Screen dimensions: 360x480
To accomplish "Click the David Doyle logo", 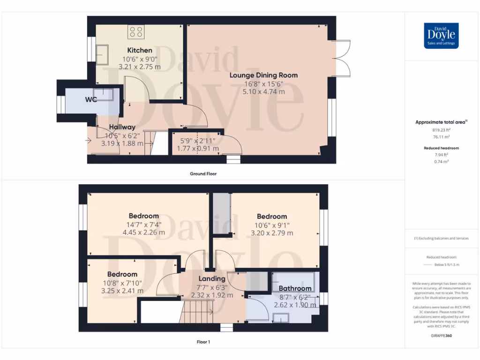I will (x=441, y=36).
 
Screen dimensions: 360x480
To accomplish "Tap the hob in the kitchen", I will (x=137, y=32).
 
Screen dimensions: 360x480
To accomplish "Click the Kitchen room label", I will (x=140, y=50).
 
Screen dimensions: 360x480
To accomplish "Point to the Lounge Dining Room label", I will (x=263, y=75).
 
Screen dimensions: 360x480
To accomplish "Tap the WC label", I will (x=91, y=99).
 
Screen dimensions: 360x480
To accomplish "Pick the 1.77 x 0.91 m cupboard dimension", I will (x=197, y=149).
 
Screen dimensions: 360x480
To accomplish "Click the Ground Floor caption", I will (x=203, y=173).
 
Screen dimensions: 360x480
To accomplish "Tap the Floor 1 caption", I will (x=203, y=342).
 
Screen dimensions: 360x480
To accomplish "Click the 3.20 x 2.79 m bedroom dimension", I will (x=272, y=233).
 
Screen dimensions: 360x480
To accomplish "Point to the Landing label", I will (x=212, y=278).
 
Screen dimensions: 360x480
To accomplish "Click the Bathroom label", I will (x=295, y=288).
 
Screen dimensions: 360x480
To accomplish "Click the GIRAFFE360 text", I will (x=441, y=336).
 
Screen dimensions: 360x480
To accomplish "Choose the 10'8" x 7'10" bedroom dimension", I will (x=122, y=283).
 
